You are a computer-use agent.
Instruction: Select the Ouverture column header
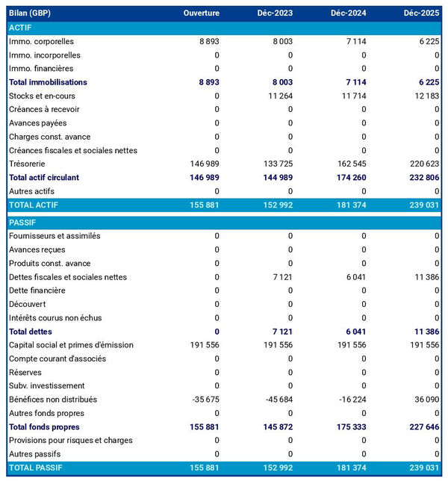(201, 13)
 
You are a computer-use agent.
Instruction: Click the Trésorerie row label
(28, 164)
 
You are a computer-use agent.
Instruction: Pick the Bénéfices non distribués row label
(53, 400)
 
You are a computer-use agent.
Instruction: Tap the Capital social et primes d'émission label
(71, 345)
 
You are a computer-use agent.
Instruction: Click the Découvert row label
(28, 304)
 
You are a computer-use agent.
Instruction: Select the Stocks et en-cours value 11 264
(279, 96)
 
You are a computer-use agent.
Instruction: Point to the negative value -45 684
(277, 400)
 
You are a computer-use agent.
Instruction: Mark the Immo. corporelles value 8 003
(281, 41)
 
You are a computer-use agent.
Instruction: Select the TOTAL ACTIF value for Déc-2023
(276, 205)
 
